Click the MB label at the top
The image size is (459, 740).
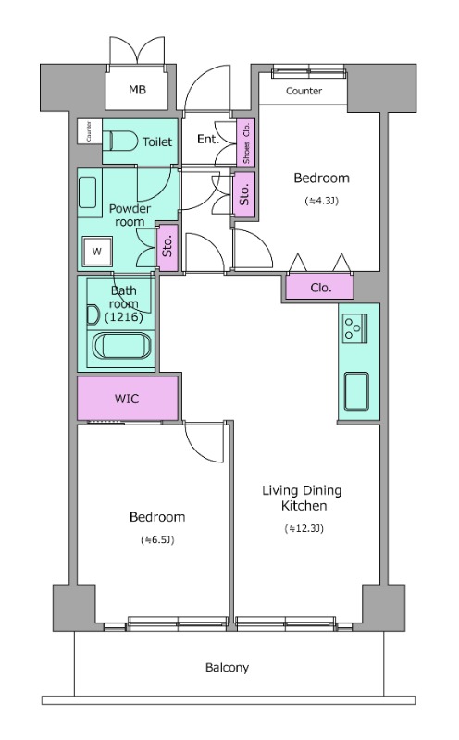137,89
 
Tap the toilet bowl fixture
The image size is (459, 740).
118,141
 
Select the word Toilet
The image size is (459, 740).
157,142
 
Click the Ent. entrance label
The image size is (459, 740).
208,140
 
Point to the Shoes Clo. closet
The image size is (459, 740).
245,142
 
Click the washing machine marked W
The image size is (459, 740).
97,251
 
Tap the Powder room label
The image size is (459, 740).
130,216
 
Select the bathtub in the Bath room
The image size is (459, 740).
122,345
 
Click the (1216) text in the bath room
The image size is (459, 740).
124,317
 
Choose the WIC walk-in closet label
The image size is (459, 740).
127,399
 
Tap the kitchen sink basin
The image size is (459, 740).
356,391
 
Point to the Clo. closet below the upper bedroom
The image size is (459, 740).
320,288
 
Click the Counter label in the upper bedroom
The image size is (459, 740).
304,91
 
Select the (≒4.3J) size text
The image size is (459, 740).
322,202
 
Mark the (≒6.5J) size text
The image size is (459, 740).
157,540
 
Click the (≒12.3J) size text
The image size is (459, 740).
304,528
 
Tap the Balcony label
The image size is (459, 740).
227,668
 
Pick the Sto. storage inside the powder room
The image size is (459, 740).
167,247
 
